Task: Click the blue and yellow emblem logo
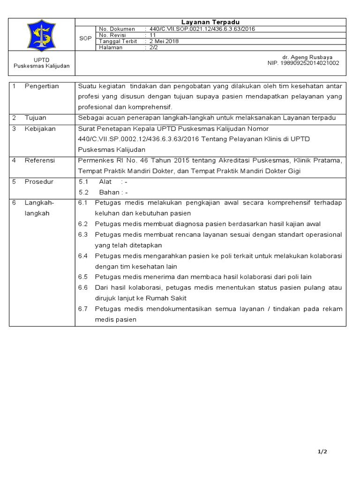(x=42, y=35)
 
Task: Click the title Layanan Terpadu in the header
(x=210, y=22)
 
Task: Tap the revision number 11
(x=152, y=35)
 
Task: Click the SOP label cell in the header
(x=85, y=38)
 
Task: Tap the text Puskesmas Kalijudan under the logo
(x=42, y=66)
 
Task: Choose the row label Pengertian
(x=42, y=86)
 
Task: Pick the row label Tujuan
(x=36, y=118)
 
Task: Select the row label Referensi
(x=40, y=160)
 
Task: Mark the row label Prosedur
(x=39, y=181)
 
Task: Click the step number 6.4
(x=83, y=255)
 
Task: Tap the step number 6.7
(x=83, y=309)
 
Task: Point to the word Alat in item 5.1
(x=105, y=181)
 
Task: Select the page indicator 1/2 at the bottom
(x=322, y=451)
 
